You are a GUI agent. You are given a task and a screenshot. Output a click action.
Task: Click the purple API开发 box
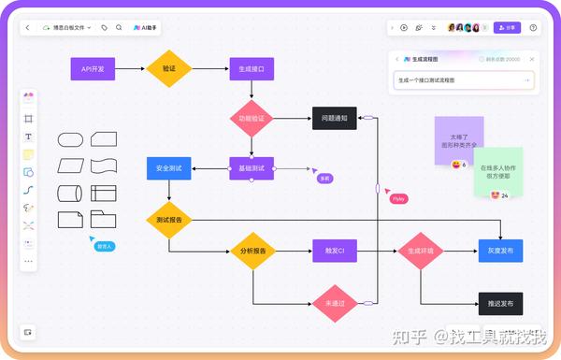point(93,68)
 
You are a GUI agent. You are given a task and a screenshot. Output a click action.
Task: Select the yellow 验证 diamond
point(169,68)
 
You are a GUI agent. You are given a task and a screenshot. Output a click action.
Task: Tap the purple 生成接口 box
point(252,68)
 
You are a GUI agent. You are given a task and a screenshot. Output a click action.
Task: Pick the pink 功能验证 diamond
point(252,119)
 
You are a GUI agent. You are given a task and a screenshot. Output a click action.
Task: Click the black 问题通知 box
point(335,119)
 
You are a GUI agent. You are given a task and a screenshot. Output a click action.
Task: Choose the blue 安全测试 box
point(169,168)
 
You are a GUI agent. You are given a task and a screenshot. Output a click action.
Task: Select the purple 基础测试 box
point(252,168)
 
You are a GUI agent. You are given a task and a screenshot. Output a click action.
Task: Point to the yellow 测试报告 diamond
point(169,220)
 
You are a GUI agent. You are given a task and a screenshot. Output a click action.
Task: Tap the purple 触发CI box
point(335,251)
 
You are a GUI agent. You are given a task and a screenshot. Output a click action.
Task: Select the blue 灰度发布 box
point(500,251)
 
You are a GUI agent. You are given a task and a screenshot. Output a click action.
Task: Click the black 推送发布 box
point(500,303)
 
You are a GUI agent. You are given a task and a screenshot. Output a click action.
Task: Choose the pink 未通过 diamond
point(335,304)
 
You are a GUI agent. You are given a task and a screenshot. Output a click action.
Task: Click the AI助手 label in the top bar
point(147,28)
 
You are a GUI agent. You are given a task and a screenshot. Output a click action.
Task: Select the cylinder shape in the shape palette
point(71,194)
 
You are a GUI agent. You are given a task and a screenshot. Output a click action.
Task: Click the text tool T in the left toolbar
point(28,137)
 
